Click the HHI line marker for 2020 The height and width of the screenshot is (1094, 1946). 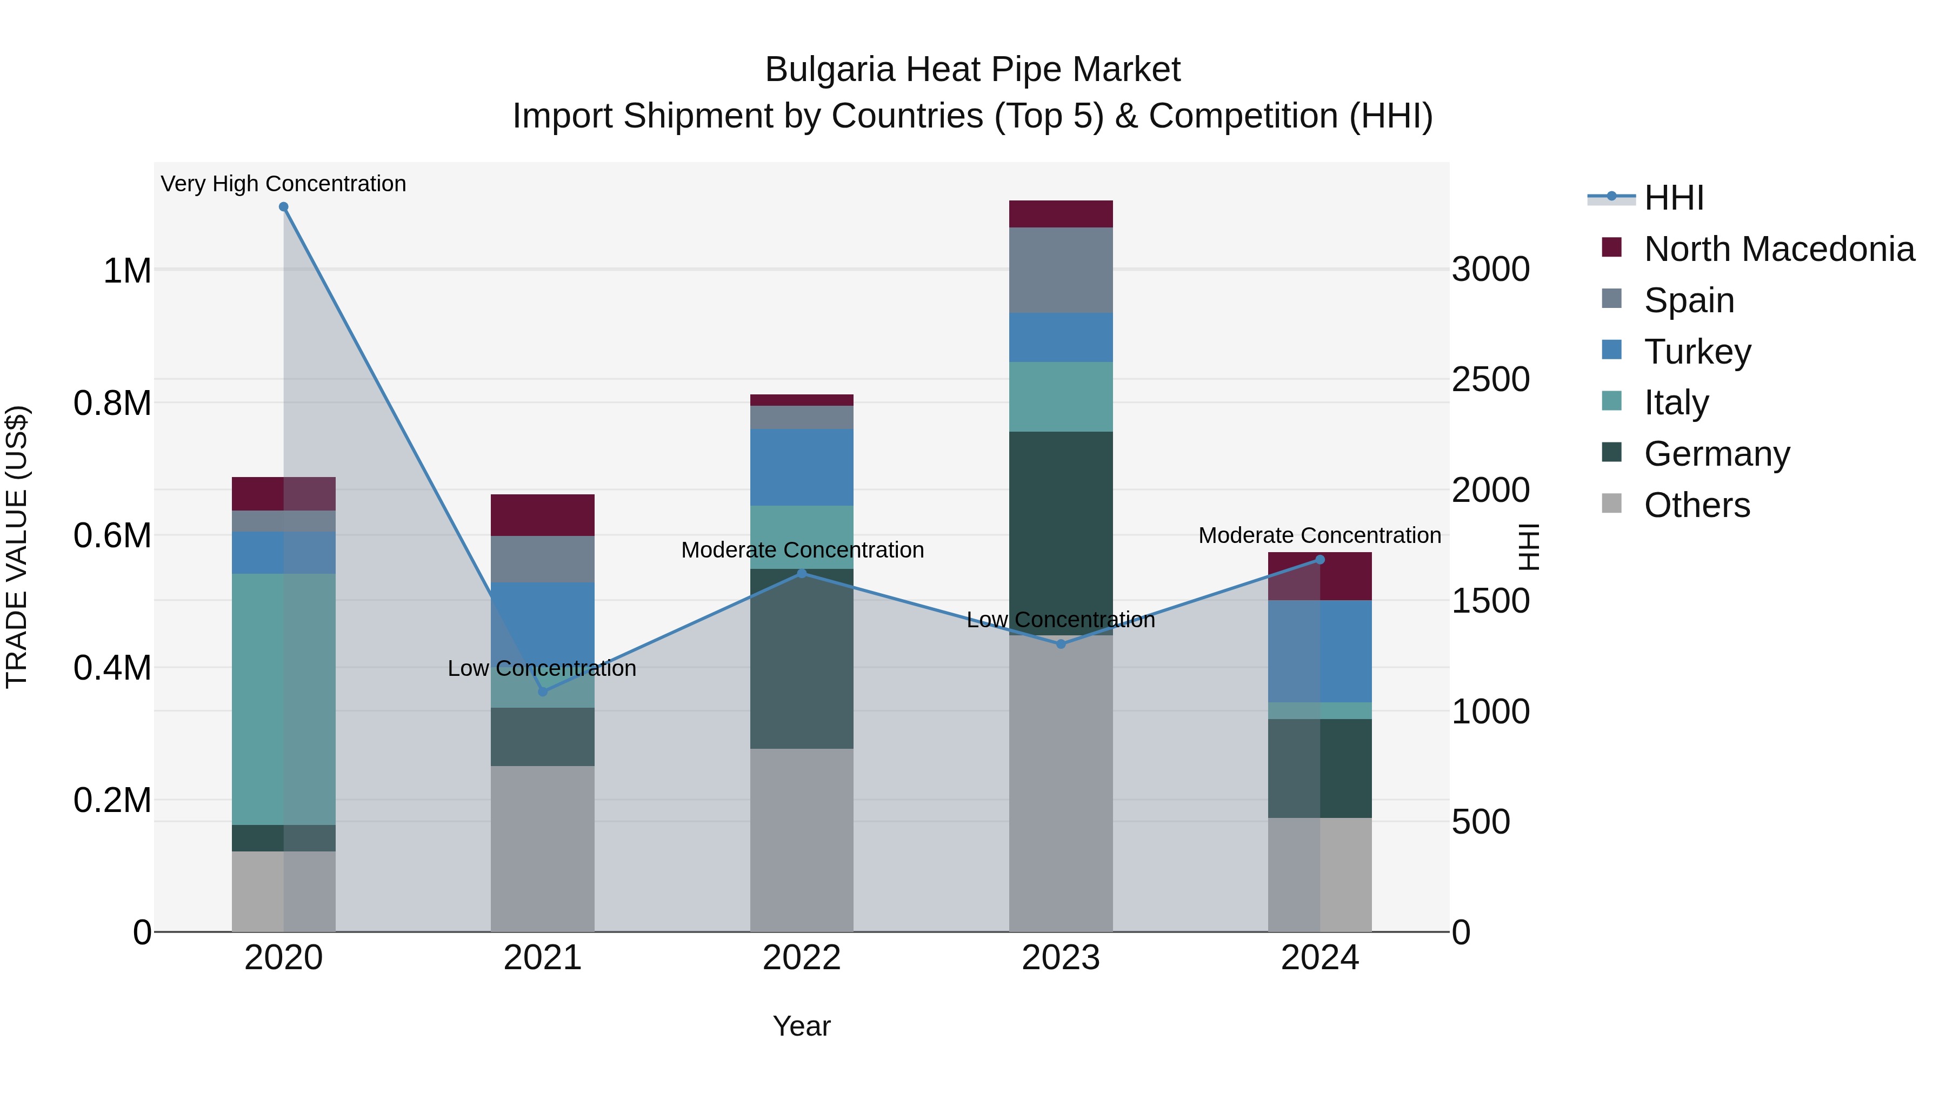pyautogui.click(x=283, y=207)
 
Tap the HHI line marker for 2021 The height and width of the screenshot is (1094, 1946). pyautogui.click(x=542, y=692)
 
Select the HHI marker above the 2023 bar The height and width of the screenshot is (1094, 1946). pyautogui.click(x=1061, y=644)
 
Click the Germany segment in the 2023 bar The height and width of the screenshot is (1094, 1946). pyautogui.click(x=1061, y=528)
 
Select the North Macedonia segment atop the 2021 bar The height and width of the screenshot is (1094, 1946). pyautogui.click(x=542, y=515)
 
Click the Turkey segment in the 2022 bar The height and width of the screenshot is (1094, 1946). pyautogui.click(x=802, y=467)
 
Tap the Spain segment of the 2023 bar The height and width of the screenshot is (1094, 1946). pyautogui.click(x=1061, y=270)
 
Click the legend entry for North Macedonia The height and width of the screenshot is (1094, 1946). pyautogui.click(x=1778, y=249)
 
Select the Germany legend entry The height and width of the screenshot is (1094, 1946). pyautogui.click(x=1716, y=454)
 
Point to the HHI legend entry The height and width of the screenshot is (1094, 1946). pyautogui.click(x=1673, y=198)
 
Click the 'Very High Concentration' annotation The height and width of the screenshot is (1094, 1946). pyautogui.click(x=283, y=184)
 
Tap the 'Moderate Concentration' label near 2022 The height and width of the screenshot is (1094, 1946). pyautogui.click(x=802, y=549)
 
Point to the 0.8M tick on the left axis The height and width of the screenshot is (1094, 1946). pyautogui.click(x=112, y=403)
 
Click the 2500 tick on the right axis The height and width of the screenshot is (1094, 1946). pyautogui.click(x=1490, y=380)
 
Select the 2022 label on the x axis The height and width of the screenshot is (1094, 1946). pyautogui.click(x=802, y=958)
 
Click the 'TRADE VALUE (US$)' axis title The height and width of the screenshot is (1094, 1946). pyautogui.click(x=17, y=547)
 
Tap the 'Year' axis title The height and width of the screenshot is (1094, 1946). pyautogui.click(x=802, y=1026)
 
